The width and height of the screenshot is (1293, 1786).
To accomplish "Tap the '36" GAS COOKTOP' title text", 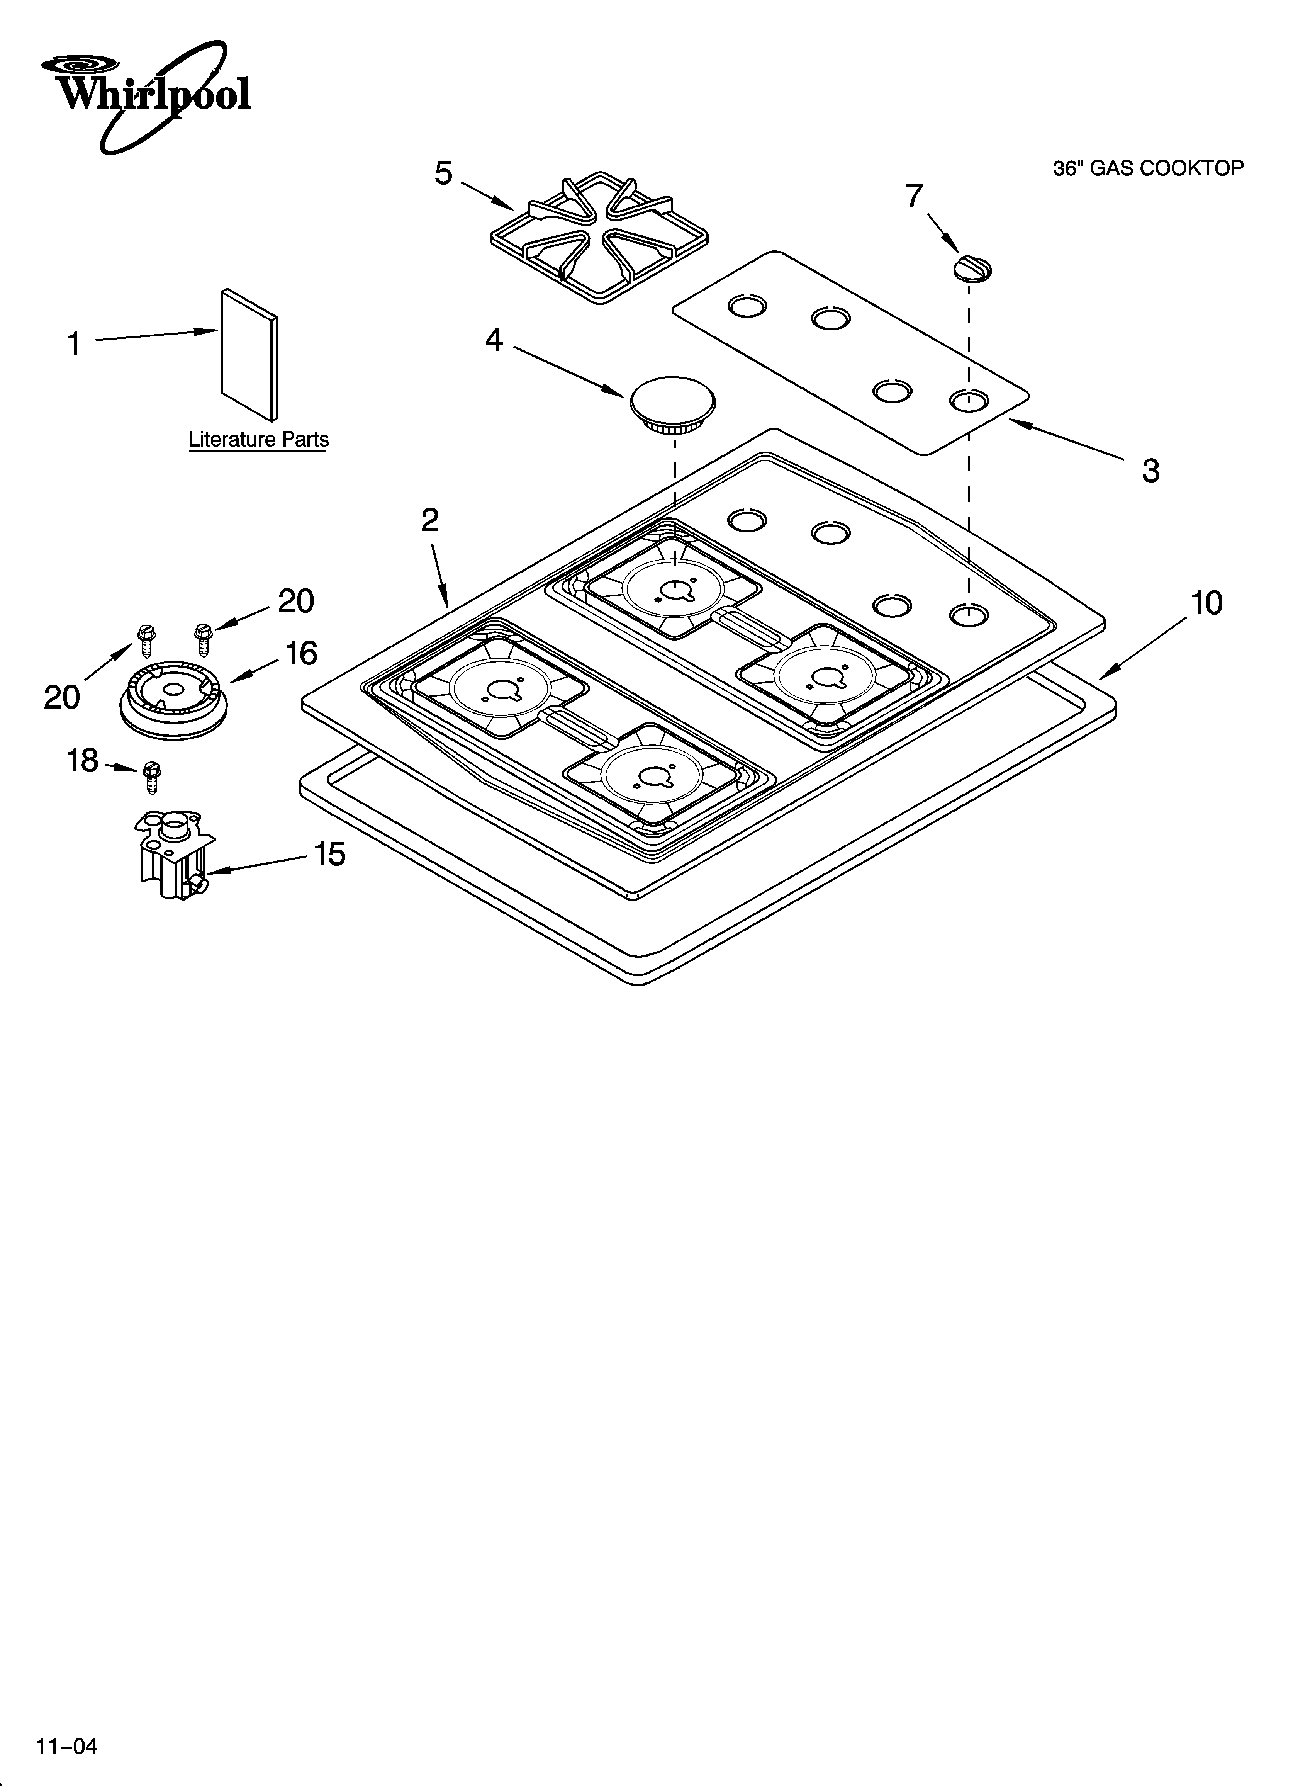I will [x=1148, y=168].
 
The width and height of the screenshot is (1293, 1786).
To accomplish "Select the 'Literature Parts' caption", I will [x=258, y=439].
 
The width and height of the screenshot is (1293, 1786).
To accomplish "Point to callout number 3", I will [x=1150, y=471].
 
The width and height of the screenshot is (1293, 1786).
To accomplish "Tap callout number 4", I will [x=494, y=340].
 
